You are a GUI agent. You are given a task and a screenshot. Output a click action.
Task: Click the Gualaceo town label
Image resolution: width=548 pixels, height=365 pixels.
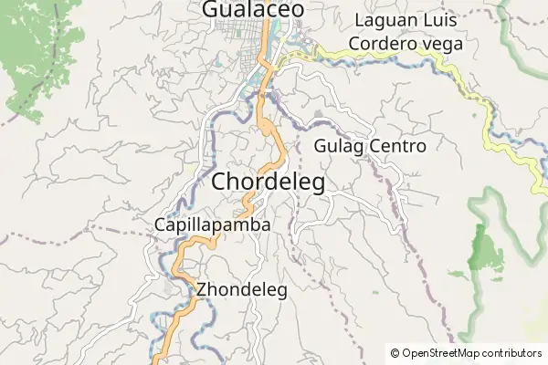click(252, 9)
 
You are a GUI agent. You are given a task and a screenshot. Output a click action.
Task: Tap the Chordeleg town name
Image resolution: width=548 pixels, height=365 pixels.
click(268, 182)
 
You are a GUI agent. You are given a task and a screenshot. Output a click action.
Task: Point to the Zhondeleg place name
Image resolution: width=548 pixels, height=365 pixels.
click(242, 290)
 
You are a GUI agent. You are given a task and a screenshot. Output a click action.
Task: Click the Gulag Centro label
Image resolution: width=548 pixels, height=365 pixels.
click(370, 146)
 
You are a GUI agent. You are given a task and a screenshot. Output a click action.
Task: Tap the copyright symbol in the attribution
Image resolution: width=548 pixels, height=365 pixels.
click(395, 352)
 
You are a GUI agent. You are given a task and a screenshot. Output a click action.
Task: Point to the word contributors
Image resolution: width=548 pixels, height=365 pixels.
click(509, 352)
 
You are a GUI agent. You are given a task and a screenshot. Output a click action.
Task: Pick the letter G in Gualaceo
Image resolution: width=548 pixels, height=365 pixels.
click(209, 9)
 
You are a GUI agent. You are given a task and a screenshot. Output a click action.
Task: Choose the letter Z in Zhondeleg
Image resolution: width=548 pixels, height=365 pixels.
click(201, 290)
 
